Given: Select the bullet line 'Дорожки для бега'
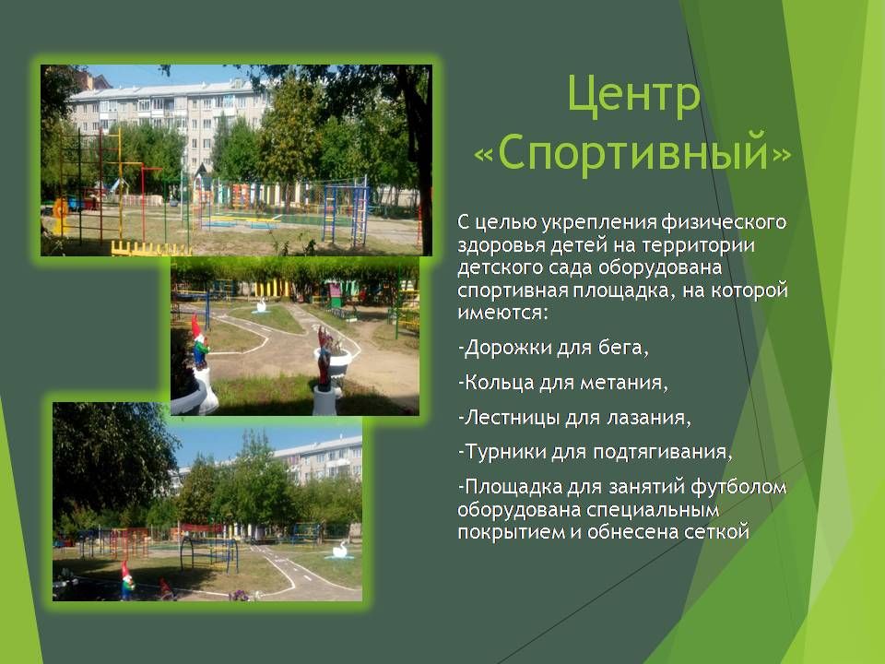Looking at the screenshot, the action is pyautogui.click(x=553, y=348).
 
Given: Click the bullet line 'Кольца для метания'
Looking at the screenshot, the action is pyautogui.click(x=562, y=382).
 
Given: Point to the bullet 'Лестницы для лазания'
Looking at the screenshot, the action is pyautogui.click(x=574, y=417).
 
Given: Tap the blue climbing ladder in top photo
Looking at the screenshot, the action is pyautogui.click(x=346, y=213).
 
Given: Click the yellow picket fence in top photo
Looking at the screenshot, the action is pyautogui.click(x=150, y=248).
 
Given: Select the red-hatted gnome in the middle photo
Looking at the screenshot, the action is pyautogui.click(x=199, y=341).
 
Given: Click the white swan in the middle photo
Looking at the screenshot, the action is pyautogui.click(x=261, y=306).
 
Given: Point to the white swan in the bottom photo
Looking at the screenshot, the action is pyautogui.click(x=340, y=550).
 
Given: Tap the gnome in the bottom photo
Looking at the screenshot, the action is pyautogui.click(x=127, y=579).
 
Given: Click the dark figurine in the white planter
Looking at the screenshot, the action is pyautogui.click(x=324, y=359).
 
